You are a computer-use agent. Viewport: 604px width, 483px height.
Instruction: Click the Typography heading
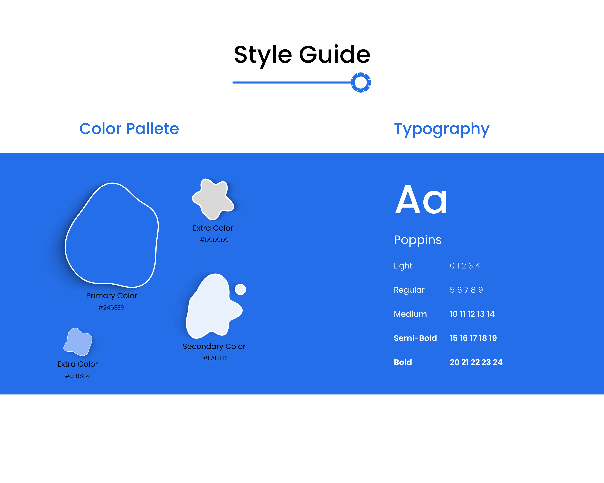pyautogui.click(x=442, y=130)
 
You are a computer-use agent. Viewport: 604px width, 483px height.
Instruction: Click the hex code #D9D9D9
pyautogui.click(x=214, y=240)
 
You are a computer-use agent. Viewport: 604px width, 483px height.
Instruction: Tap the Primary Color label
pyautogui.click(x=112, y=296)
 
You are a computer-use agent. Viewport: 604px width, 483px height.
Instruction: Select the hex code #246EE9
pyautogui.click(x=111, y=307)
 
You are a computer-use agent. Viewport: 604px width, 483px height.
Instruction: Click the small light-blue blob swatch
pyautogui.click(x=78, y=342)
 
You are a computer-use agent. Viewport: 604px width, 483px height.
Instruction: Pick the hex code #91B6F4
pyautogui.click(x=78, y=376)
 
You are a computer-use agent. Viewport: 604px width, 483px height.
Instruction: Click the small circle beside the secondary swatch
pyautogui.click(x=240, y=289)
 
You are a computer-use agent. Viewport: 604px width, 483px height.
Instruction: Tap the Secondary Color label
pyautogui.click(x=214, y=347)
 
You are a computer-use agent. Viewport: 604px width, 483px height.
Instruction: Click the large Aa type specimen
pyautogui.click(x=421, y=200)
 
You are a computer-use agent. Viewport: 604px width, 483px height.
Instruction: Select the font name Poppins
pyautogui.click(x=418, y=240)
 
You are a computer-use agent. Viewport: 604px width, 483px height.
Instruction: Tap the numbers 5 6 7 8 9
pyautogui.click(x=466, y=290)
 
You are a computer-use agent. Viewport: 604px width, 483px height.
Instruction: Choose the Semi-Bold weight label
pyautogui.click(x=415, y=338)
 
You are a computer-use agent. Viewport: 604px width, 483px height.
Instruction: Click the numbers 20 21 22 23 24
pyautogui.click(x=476, y=362)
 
